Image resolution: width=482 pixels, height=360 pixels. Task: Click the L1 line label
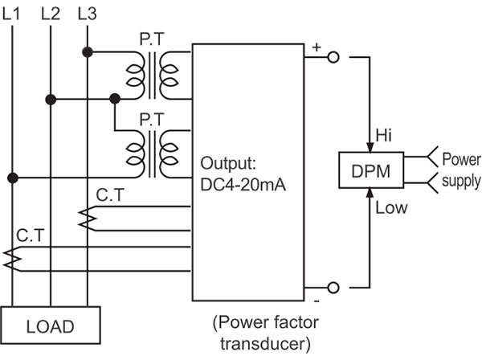tap(13, 13)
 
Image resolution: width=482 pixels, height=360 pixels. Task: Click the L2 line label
tap(50, 13)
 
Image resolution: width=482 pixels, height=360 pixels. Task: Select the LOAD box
tap(51, 327)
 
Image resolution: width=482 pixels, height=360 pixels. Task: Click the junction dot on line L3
tap(87, 52)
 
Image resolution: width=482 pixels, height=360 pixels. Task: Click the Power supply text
tap(461, 170)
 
